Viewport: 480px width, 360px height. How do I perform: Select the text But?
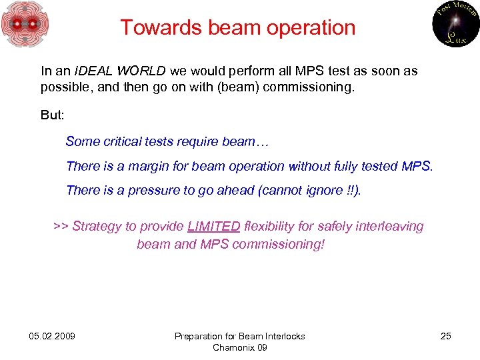53,115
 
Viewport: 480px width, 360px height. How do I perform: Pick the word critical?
123,141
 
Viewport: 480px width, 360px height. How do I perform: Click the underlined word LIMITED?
213,227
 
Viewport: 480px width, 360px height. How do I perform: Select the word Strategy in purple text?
95,227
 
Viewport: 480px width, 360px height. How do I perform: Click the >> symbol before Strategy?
61,227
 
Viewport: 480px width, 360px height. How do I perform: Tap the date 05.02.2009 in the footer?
52,336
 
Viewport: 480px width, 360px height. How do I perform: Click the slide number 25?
445,336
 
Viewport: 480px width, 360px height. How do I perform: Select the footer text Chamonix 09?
239,347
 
